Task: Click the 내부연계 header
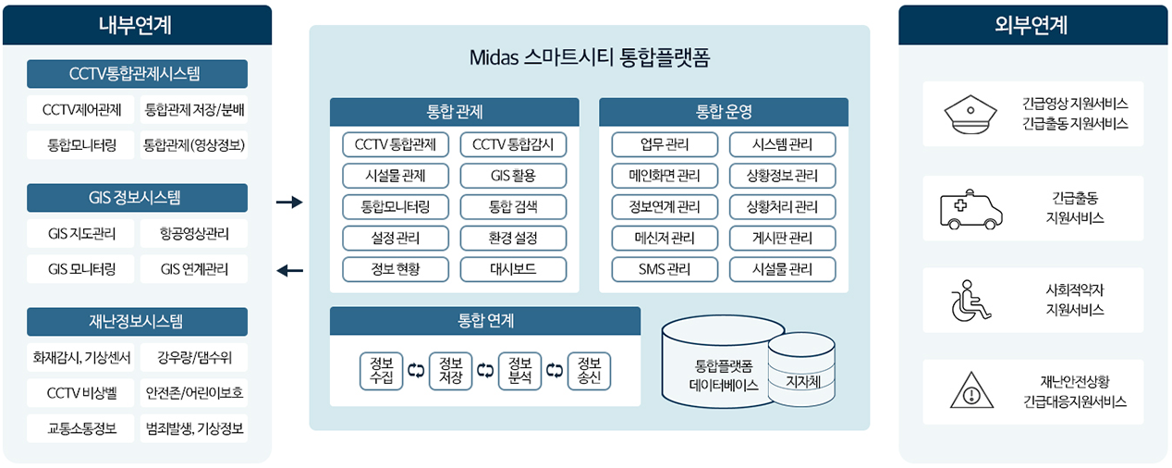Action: [x=137, y=25]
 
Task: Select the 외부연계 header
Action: [x=1032, y=25]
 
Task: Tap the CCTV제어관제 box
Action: [x=81, y=109]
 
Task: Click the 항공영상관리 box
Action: [x=194, y=233]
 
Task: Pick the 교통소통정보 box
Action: [x=81, y=429]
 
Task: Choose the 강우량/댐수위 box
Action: [x=194, y=358]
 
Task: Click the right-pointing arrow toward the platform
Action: [x=289, y=202]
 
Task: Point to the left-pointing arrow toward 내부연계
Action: [x=289, y=271]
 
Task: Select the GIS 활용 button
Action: [x=513, y=176]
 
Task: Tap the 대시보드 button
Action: [x=513, y=269]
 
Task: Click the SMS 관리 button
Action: [x=665, y=269]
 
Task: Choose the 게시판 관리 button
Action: [x=782, y=239]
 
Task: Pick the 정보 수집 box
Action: [x=382, y=371]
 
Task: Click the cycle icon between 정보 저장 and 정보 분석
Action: [x=485, y=371]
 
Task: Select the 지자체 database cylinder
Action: [x=801, y=369]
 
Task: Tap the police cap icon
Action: [x=971, y=114]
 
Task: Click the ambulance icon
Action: [x=971, y=209]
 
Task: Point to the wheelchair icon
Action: [x=971, y=300]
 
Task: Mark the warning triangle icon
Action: [x=971, y=390]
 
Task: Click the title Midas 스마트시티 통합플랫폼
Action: [x=590, y=57]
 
